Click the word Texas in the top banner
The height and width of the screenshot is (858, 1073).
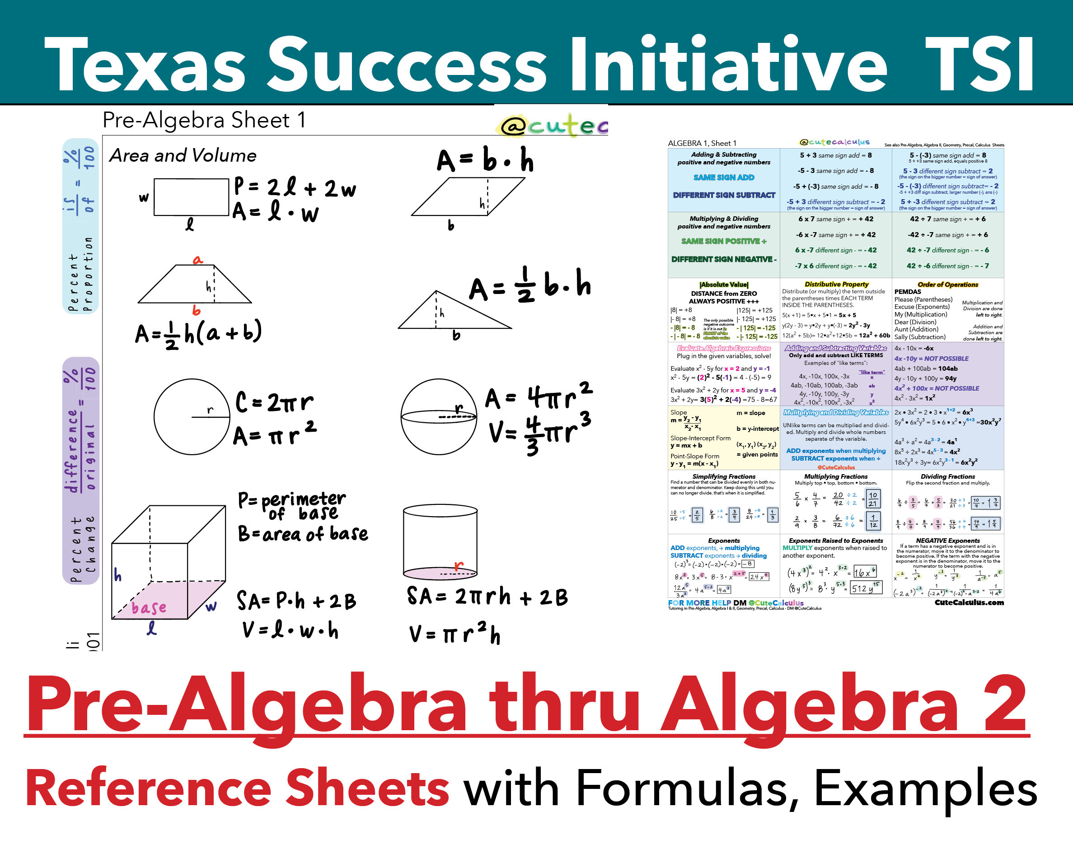pyautogui.click(x=144, y=65)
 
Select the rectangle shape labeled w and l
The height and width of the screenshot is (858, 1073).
pyautogui.click(x=191, y=197)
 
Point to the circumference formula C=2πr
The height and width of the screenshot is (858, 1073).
pyautogui.click(x=275, y=402)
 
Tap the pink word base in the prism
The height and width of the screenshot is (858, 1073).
pyautogui.click(x=149, y=608)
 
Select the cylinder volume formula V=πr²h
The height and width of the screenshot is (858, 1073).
pyautogui.click(x=455, y=634)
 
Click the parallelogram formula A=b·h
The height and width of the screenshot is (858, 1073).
pyautogui.click(x=485, y=160)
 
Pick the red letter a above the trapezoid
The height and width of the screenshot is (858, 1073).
pyautogui.click(x=198, y=260)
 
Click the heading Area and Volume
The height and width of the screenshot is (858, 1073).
pyautogui.click(x=183, y=156)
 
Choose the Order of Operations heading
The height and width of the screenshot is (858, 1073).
pyautogui.click(x=947, y=284)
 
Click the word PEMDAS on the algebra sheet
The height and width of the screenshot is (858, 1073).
pyautogui.click(x=907, y=292)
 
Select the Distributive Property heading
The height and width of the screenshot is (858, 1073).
pyautogui.click(x=836, y=284)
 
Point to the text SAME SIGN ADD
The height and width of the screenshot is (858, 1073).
pyautogui.click(x=724, y=177)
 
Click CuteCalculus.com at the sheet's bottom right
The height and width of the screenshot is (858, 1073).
pyautogui.click(x=969, y=602)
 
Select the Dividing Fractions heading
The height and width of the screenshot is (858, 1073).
pyautogui.click(x=947, y=476)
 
